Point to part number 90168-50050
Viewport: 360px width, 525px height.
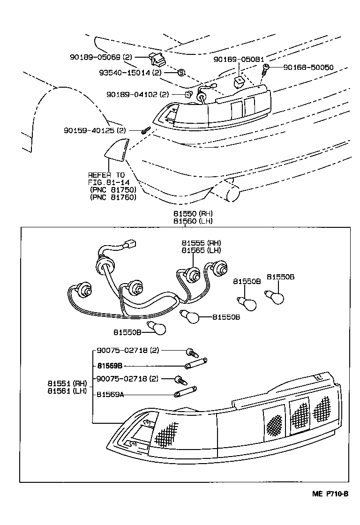(x=308, y=67)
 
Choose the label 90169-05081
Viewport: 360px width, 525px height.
(x=239, y=60)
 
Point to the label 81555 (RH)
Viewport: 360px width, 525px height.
(x=201, y=243)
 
